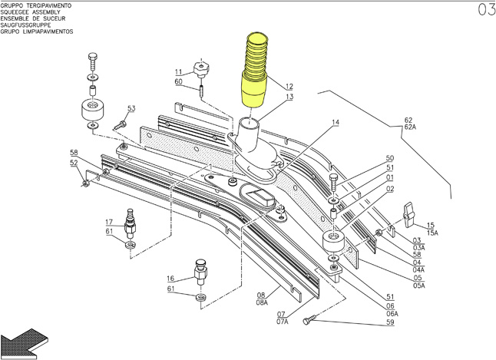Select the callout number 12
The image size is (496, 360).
[289, 86]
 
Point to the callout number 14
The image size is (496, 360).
[336, 123]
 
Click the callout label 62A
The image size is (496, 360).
[409, 127]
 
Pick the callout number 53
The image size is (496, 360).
[131, 109]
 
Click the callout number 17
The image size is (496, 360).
[110, 222]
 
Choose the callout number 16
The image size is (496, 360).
[171, 279]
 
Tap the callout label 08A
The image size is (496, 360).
[262, 303]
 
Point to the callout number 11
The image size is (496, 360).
[178, 72]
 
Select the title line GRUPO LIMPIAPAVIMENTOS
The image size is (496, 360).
[37, 33]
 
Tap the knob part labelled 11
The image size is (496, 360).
[203, 70]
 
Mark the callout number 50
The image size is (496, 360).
[390, 158]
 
